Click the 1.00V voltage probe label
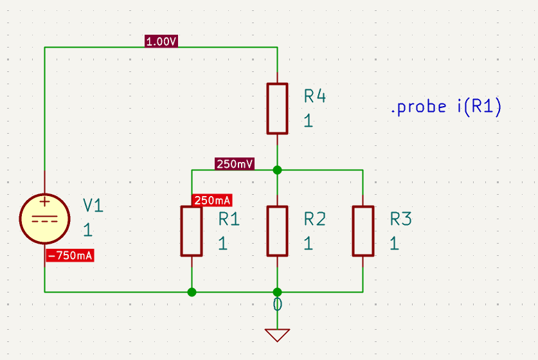pos(161,42)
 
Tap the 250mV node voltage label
pos(235,164)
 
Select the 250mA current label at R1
pos(212,200)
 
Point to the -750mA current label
pos(70,255)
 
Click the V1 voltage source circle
pos(44,219)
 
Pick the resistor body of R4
pos(277,109)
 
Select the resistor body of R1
pos(192,231)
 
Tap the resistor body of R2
pos(277,231)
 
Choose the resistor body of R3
pos(363,231)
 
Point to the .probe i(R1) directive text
pos(446,106)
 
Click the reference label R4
pos(314,96)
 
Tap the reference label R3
pos(400,219)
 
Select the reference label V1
pos(93,206)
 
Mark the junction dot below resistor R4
pos(277,170)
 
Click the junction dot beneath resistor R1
pos(192,292)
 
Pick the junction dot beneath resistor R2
pos(277,292)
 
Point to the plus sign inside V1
pos(44,201)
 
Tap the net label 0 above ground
pos(277,305)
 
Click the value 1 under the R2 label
pos(308,244)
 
